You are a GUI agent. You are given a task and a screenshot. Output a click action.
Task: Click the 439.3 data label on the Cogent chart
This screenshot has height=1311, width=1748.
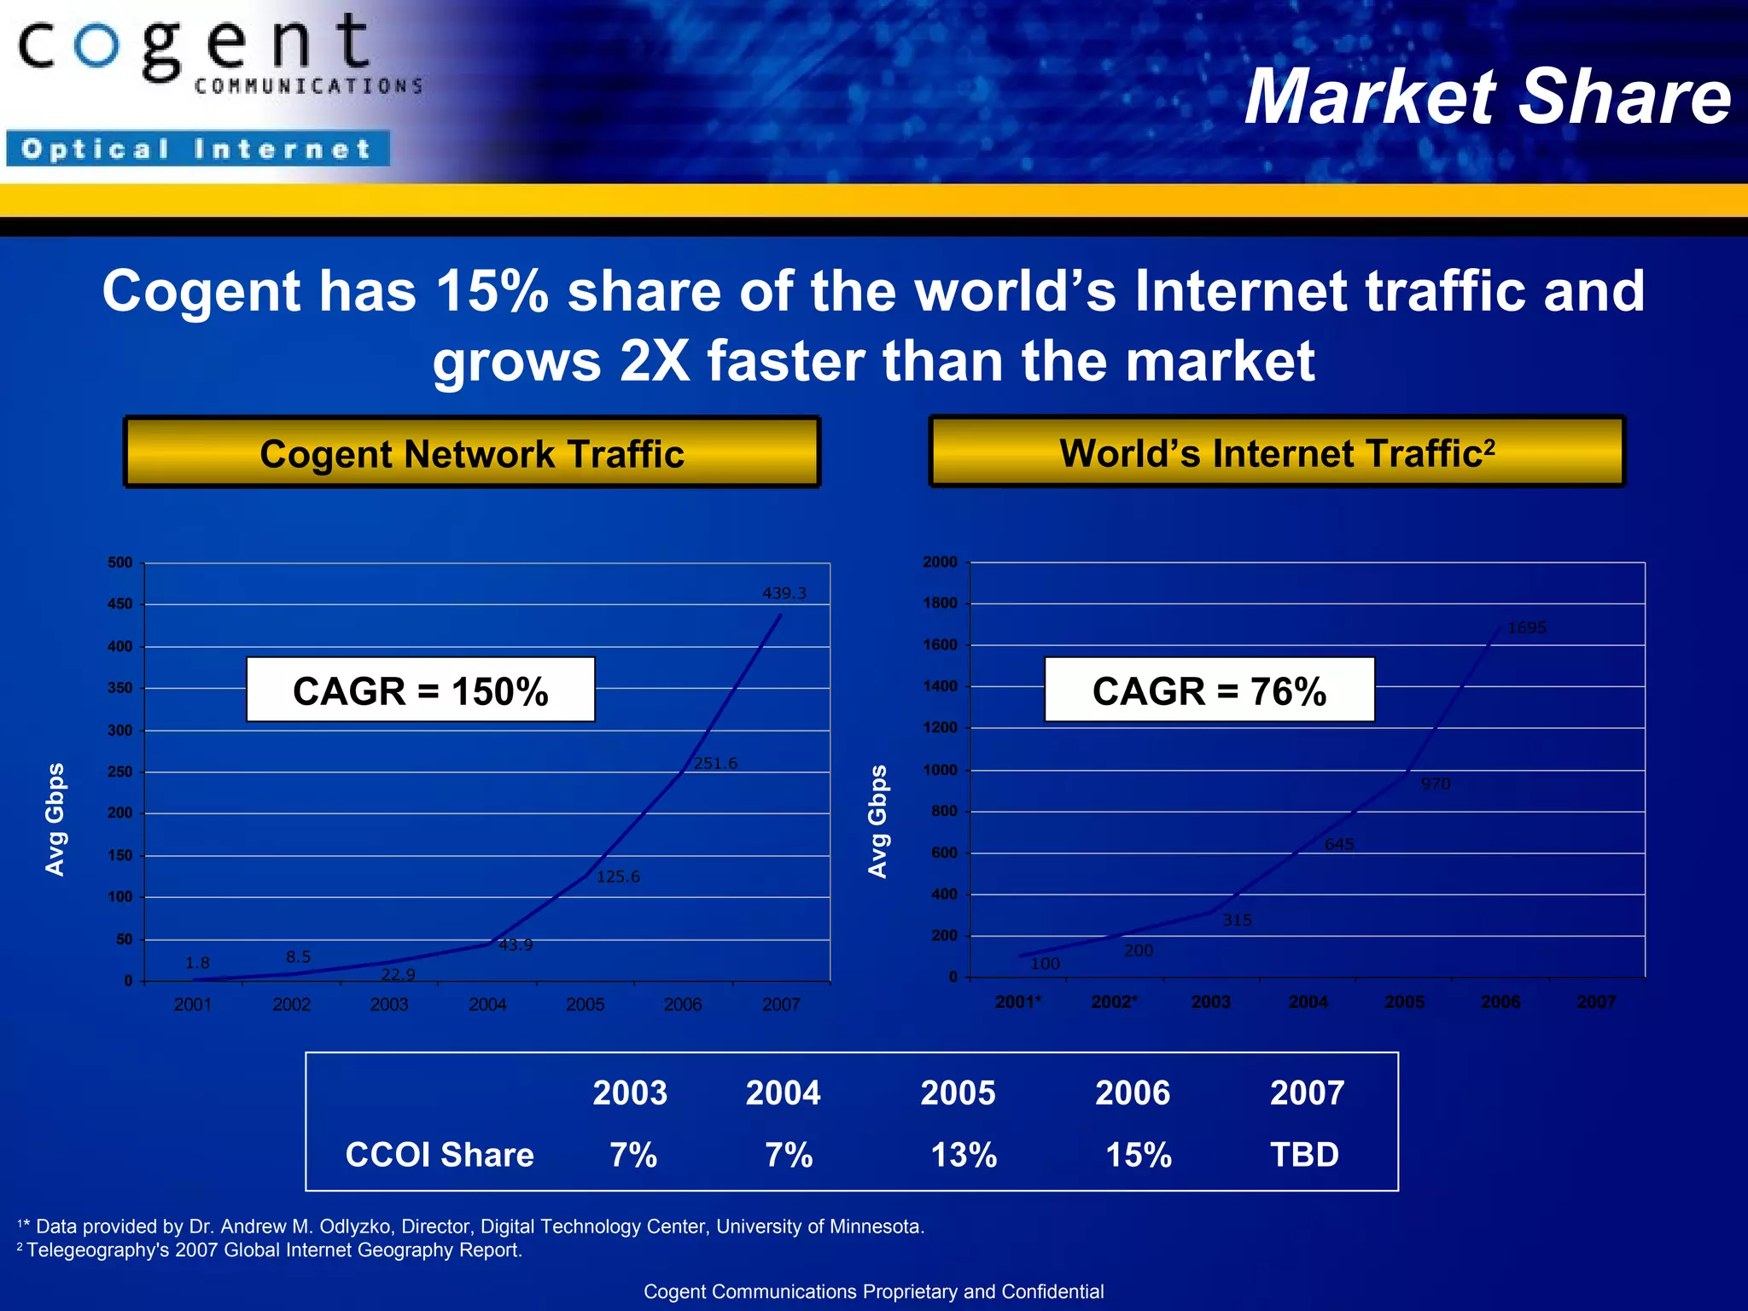784,593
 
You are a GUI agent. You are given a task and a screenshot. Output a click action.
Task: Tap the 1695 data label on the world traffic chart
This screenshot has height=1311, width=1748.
1526,628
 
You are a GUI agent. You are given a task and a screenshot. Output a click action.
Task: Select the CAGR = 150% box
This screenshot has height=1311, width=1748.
420,690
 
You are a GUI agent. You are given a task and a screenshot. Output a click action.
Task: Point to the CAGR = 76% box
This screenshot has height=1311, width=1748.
1209,690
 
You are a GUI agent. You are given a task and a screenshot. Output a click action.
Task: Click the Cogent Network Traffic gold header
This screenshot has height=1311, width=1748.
472,453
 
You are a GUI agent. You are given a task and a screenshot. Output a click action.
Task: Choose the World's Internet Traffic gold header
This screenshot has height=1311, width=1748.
1277,453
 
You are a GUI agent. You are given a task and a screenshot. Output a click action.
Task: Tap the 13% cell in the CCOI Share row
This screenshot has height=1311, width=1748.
963,1155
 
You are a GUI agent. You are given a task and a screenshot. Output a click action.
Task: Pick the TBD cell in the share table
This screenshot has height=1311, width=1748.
1304,1155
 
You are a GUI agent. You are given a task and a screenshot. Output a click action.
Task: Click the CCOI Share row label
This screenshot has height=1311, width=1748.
440,1155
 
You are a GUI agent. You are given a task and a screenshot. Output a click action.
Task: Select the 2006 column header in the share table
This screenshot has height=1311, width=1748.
1133,1093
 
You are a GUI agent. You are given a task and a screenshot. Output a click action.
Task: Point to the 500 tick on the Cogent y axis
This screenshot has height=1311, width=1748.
120,562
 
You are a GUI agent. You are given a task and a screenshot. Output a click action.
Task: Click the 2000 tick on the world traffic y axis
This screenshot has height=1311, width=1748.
940,562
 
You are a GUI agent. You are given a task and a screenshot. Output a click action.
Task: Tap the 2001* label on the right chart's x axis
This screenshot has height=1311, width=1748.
1018,1002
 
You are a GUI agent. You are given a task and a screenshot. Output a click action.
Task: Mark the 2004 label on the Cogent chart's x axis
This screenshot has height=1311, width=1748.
487,1005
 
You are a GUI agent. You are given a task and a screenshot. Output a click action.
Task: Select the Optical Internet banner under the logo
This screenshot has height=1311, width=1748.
198,149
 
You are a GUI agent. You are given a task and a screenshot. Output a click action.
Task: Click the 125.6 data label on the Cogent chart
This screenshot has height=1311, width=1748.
618,877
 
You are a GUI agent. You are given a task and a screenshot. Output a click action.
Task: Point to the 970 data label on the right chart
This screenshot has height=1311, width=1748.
1435,784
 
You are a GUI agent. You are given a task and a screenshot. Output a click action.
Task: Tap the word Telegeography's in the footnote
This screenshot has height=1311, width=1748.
98,1250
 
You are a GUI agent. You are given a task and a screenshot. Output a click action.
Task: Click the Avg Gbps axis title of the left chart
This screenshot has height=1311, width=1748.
55,819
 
